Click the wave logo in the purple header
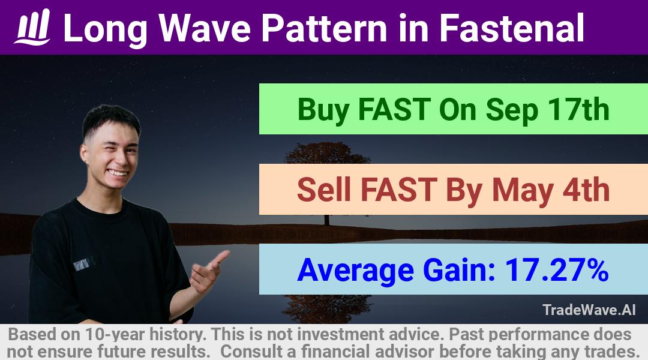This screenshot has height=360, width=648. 32,27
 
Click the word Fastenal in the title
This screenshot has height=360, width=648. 512,28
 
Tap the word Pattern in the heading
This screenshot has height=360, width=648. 324,28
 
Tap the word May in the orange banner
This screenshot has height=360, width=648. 523,191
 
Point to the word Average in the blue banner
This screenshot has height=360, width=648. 355,271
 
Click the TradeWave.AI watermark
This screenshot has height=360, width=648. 589,310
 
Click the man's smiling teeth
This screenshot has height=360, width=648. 117,173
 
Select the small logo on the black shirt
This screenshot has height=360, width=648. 84,263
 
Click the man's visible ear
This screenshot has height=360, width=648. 85,154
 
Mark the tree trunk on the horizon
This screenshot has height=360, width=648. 327,220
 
